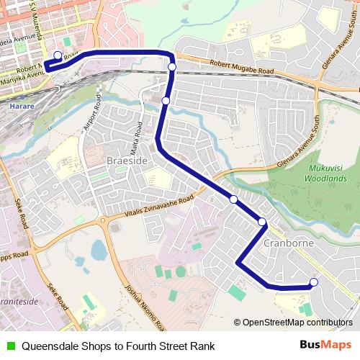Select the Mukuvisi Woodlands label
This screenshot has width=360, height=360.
point(325,172)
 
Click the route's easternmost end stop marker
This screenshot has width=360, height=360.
point(313,282)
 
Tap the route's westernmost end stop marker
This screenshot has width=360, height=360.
point(58,55)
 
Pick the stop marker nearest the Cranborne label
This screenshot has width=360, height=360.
point(262,222)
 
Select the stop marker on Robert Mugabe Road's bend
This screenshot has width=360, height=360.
point(172,67)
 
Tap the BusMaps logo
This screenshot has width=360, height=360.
point(325,346)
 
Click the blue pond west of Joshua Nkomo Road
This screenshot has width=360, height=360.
point(98,251)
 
